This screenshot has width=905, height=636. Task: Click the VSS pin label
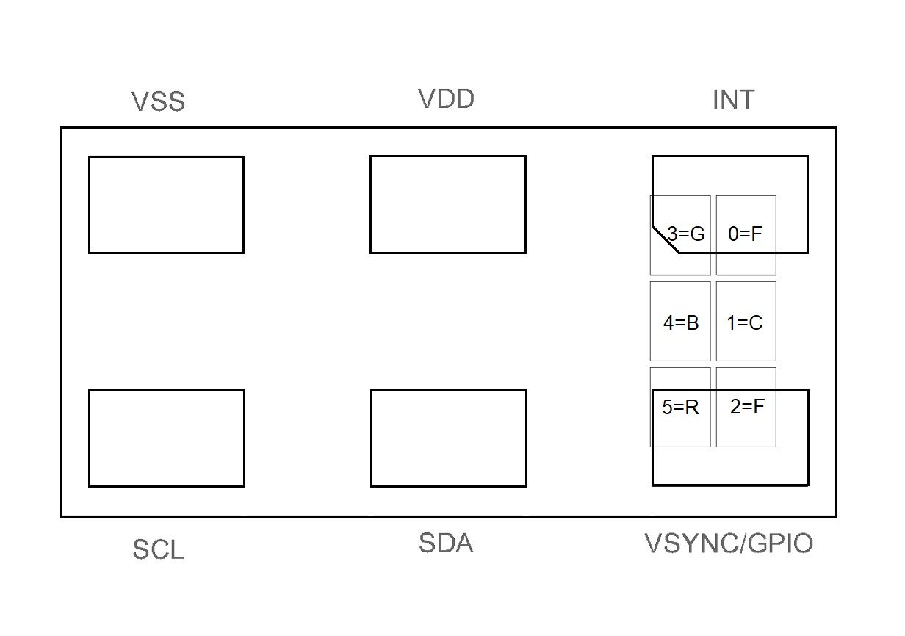coord(158,101)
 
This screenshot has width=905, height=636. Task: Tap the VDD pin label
coord(446,98)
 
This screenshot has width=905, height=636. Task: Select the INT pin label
coord(733,99)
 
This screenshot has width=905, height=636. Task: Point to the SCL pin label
coord(158,549)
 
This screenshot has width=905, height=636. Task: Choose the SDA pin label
coord(446,543)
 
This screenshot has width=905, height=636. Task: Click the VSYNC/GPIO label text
coord(729,544)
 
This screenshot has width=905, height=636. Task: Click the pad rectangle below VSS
coord(166,205)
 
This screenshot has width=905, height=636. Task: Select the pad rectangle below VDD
coord(448,204)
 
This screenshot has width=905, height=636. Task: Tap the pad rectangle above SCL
coord(166,438)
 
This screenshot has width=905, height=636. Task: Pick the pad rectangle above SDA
coord(449,438)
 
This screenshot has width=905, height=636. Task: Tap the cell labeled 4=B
coord(680,322)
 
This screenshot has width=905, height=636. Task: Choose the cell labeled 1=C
coord(746,322)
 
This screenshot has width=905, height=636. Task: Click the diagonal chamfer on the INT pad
coord(665,240)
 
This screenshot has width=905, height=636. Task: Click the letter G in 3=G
coord(697,234)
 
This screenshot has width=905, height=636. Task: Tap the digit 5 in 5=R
coord(668,408)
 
